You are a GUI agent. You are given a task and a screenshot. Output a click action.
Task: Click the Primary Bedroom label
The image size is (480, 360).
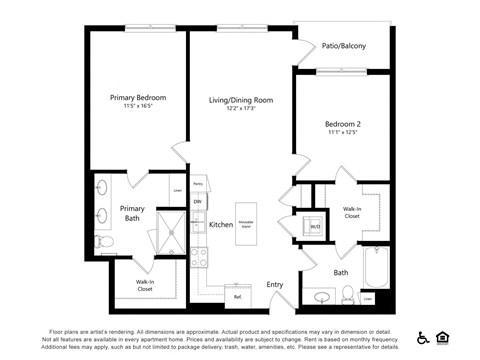pos(138,97)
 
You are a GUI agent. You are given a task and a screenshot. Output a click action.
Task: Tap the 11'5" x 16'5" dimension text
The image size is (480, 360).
pos(138,106)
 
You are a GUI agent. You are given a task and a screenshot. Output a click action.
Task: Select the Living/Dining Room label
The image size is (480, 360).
pos(240,100)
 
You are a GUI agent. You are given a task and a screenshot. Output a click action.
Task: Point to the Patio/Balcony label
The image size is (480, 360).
pos(343,46)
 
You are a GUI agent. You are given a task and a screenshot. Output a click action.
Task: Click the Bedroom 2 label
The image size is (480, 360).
pos(343,125)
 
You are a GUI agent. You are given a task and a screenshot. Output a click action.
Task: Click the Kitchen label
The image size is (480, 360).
pos(220,225)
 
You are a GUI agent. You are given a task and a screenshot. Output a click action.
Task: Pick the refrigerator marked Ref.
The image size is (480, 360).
pos(238,296)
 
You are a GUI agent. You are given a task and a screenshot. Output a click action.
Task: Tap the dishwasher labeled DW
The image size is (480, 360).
pos(197,202)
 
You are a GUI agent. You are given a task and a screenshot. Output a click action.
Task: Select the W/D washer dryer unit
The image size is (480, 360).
pos(314,226)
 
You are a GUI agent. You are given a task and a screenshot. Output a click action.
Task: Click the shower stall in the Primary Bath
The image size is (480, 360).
pos(171,234)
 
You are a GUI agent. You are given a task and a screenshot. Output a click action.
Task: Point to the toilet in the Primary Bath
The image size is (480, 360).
pos(103,241)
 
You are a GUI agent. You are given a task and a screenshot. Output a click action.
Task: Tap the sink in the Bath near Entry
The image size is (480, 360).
pos(323,297)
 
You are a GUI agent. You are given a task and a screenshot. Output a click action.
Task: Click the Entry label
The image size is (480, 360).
pos(275,285)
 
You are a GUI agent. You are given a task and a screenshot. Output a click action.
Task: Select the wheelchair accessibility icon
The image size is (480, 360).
pos(423,338)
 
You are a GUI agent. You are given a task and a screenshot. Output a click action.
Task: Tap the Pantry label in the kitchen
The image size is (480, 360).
pos(198,184)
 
